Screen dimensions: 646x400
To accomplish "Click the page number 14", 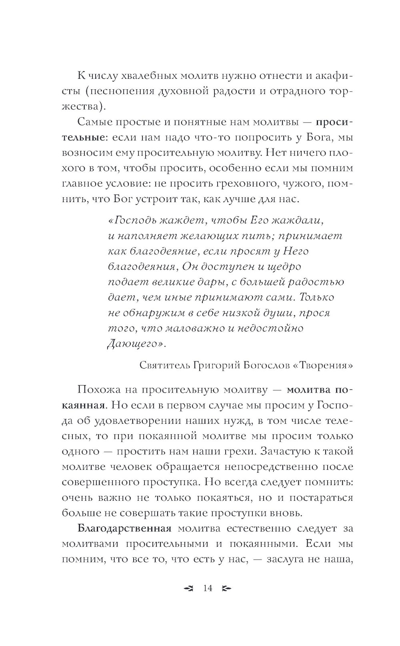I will tap(208, 588).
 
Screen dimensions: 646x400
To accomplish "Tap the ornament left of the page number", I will tap(188, 588).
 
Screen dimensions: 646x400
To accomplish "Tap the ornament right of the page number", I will tap(226, 588).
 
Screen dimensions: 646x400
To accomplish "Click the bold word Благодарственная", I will tap(124, 528).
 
